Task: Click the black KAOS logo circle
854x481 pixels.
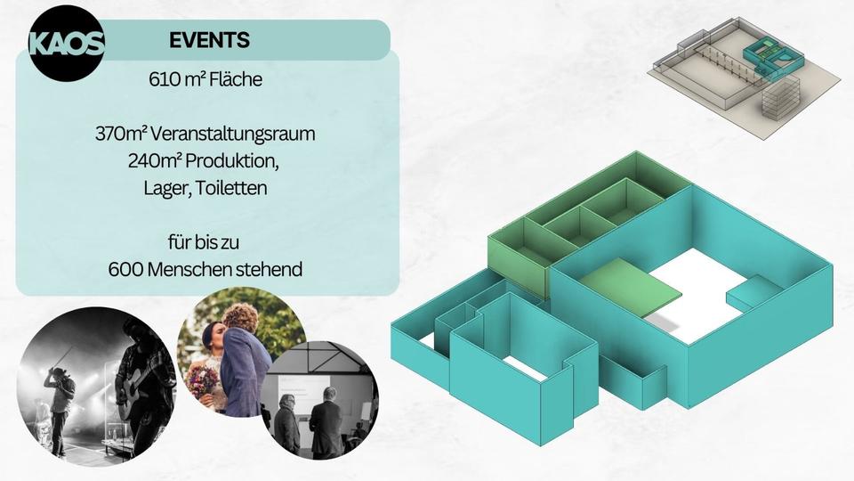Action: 66,44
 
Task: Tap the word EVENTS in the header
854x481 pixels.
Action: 209,40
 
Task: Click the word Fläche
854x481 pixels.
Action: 236,79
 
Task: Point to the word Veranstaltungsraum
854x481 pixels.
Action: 232,135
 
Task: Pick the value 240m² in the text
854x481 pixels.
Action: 155,161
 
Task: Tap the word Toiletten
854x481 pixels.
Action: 231,188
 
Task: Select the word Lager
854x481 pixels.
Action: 167,189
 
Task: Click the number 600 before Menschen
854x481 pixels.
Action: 125,269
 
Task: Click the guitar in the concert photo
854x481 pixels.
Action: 136,392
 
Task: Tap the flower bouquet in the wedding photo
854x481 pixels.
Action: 203,383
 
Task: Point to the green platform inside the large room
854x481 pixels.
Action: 630,286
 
